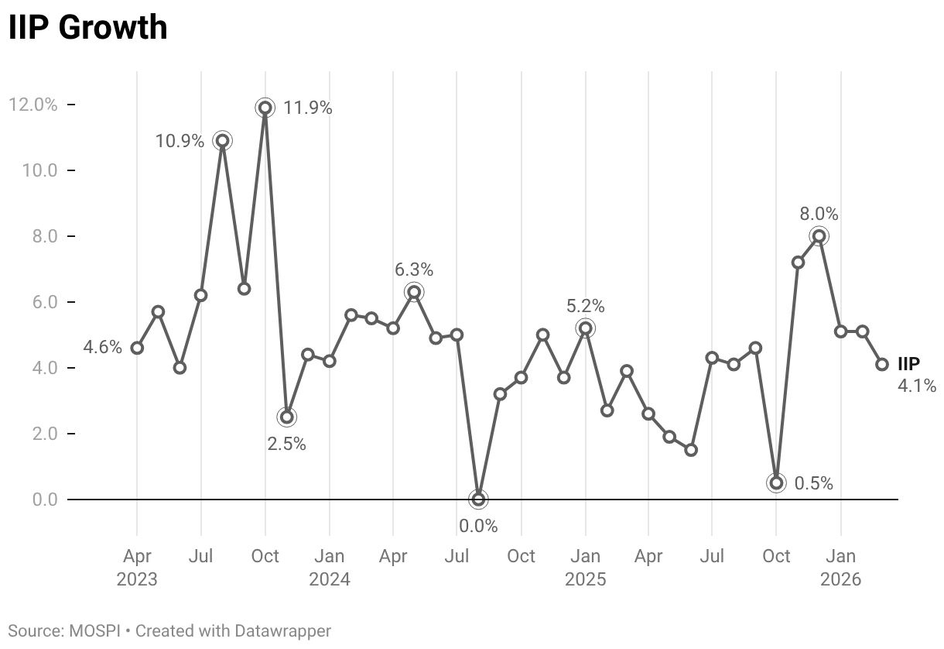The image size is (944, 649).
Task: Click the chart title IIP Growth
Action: [87, 27]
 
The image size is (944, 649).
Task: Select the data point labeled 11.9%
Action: [265, 108]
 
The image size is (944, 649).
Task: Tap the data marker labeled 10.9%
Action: [223, 140]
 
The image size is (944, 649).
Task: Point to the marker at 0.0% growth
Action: [478, 500]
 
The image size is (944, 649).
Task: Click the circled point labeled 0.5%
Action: [776, 482]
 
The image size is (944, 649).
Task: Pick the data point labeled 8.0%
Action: [819, 236]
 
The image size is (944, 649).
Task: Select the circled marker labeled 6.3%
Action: [414, 292]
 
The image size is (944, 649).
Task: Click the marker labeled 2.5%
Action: [286, 417]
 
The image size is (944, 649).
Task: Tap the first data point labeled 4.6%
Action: [137, 348]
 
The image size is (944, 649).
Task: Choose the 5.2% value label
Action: [586, 306]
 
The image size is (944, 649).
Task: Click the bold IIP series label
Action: [908, 363]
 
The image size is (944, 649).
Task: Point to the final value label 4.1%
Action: [917, 386]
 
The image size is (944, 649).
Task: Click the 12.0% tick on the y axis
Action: [32, 104]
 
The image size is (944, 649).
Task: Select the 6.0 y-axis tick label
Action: [45, 302]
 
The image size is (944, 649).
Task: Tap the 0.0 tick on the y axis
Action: [45, 500]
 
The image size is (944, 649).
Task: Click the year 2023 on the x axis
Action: [137, 579]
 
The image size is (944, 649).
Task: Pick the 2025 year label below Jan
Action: [586, 579]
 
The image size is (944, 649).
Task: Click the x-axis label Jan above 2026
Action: [841, 556]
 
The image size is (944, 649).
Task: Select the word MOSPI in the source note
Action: [95, 631]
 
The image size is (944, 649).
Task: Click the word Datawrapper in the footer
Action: [282, 631]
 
